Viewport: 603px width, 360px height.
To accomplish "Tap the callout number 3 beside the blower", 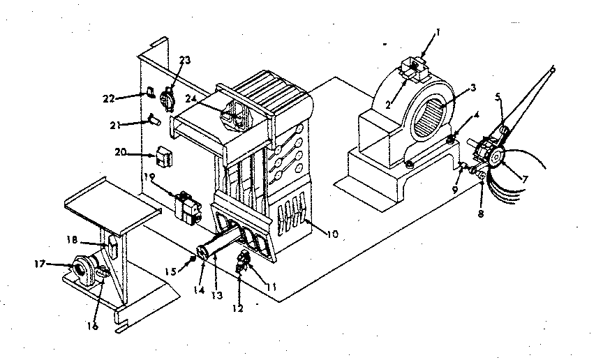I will (x=473, y=88).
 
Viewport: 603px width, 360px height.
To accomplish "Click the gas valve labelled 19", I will (x=187, y=204).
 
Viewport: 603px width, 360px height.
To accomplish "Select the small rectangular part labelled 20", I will (x=165, y=158).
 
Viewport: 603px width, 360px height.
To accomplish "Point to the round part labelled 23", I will (x=167, y=98).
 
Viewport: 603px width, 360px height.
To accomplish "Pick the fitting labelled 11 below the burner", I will (x=243, y=259).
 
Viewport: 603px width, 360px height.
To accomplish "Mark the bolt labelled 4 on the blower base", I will (x=451, y=141).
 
